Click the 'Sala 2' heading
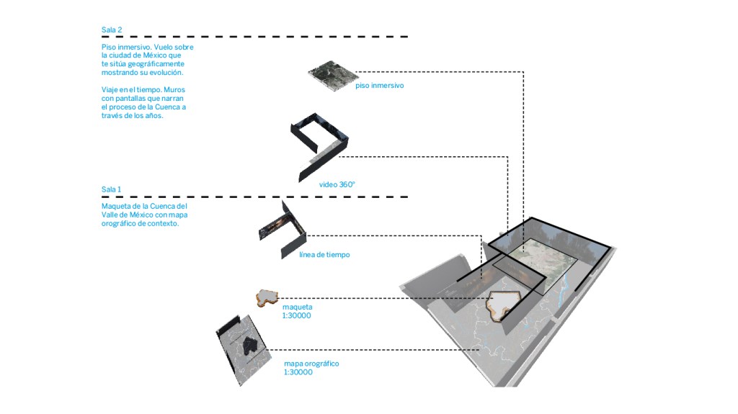(112, 30)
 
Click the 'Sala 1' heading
(112, 190)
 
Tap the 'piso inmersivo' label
(379, 86)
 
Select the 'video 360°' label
(337, 184)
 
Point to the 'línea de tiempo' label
(324, 255)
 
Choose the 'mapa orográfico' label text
(311, 364)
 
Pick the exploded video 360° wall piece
(317, 144)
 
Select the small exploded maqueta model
(267, 297)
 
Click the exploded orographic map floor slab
(244, 348)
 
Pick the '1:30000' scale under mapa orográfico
(298, 372)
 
